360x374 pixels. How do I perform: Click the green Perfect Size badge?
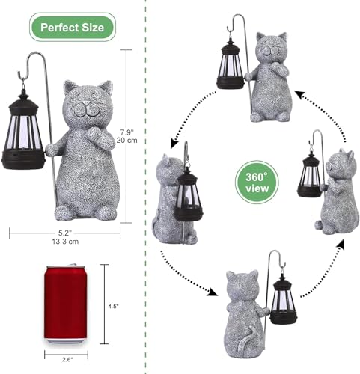(72, 28)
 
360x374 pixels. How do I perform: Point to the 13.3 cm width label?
(65, 242)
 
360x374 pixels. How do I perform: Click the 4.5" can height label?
(113, 305)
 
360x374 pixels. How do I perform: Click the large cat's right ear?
(106, 89)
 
